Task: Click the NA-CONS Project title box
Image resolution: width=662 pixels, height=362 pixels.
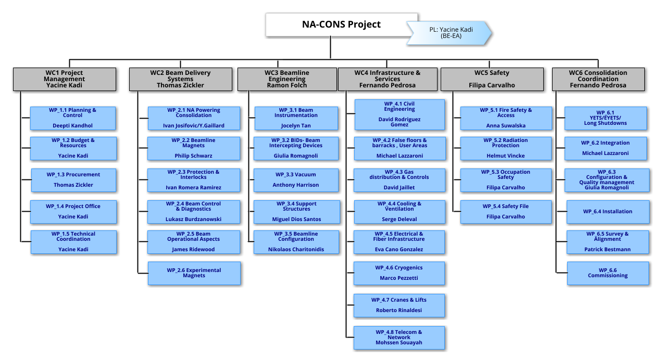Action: pos(341,24)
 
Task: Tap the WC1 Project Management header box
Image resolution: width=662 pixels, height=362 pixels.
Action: pos(64,79)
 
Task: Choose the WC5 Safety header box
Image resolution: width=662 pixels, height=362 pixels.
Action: pos(492,79)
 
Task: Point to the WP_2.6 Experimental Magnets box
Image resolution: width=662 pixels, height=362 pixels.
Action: pos(194,273)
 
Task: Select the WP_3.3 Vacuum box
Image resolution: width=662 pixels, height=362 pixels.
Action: pos(295,179)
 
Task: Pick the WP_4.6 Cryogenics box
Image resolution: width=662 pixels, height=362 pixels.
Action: pos(398,273)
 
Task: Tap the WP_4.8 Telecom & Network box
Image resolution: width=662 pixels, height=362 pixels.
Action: pos(398,337)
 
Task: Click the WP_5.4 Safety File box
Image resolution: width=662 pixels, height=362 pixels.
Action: pos(505,211)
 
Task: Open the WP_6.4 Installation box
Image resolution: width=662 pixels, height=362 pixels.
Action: pos(607,211)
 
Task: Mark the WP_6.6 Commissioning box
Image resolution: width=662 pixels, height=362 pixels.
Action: pos(607,273)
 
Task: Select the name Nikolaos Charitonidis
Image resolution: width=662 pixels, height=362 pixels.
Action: pos(295,249)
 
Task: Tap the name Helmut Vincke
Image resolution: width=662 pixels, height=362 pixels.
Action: pos(505,156)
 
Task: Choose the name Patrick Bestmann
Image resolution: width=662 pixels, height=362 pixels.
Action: pos(607,249)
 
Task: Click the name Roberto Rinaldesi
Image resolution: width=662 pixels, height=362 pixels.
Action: pos(398,310)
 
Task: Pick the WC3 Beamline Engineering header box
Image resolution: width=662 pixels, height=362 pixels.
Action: pos(287,79)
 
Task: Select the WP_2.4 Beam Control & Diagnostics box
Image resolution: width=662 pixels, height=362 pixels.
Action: pos(194,211)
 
